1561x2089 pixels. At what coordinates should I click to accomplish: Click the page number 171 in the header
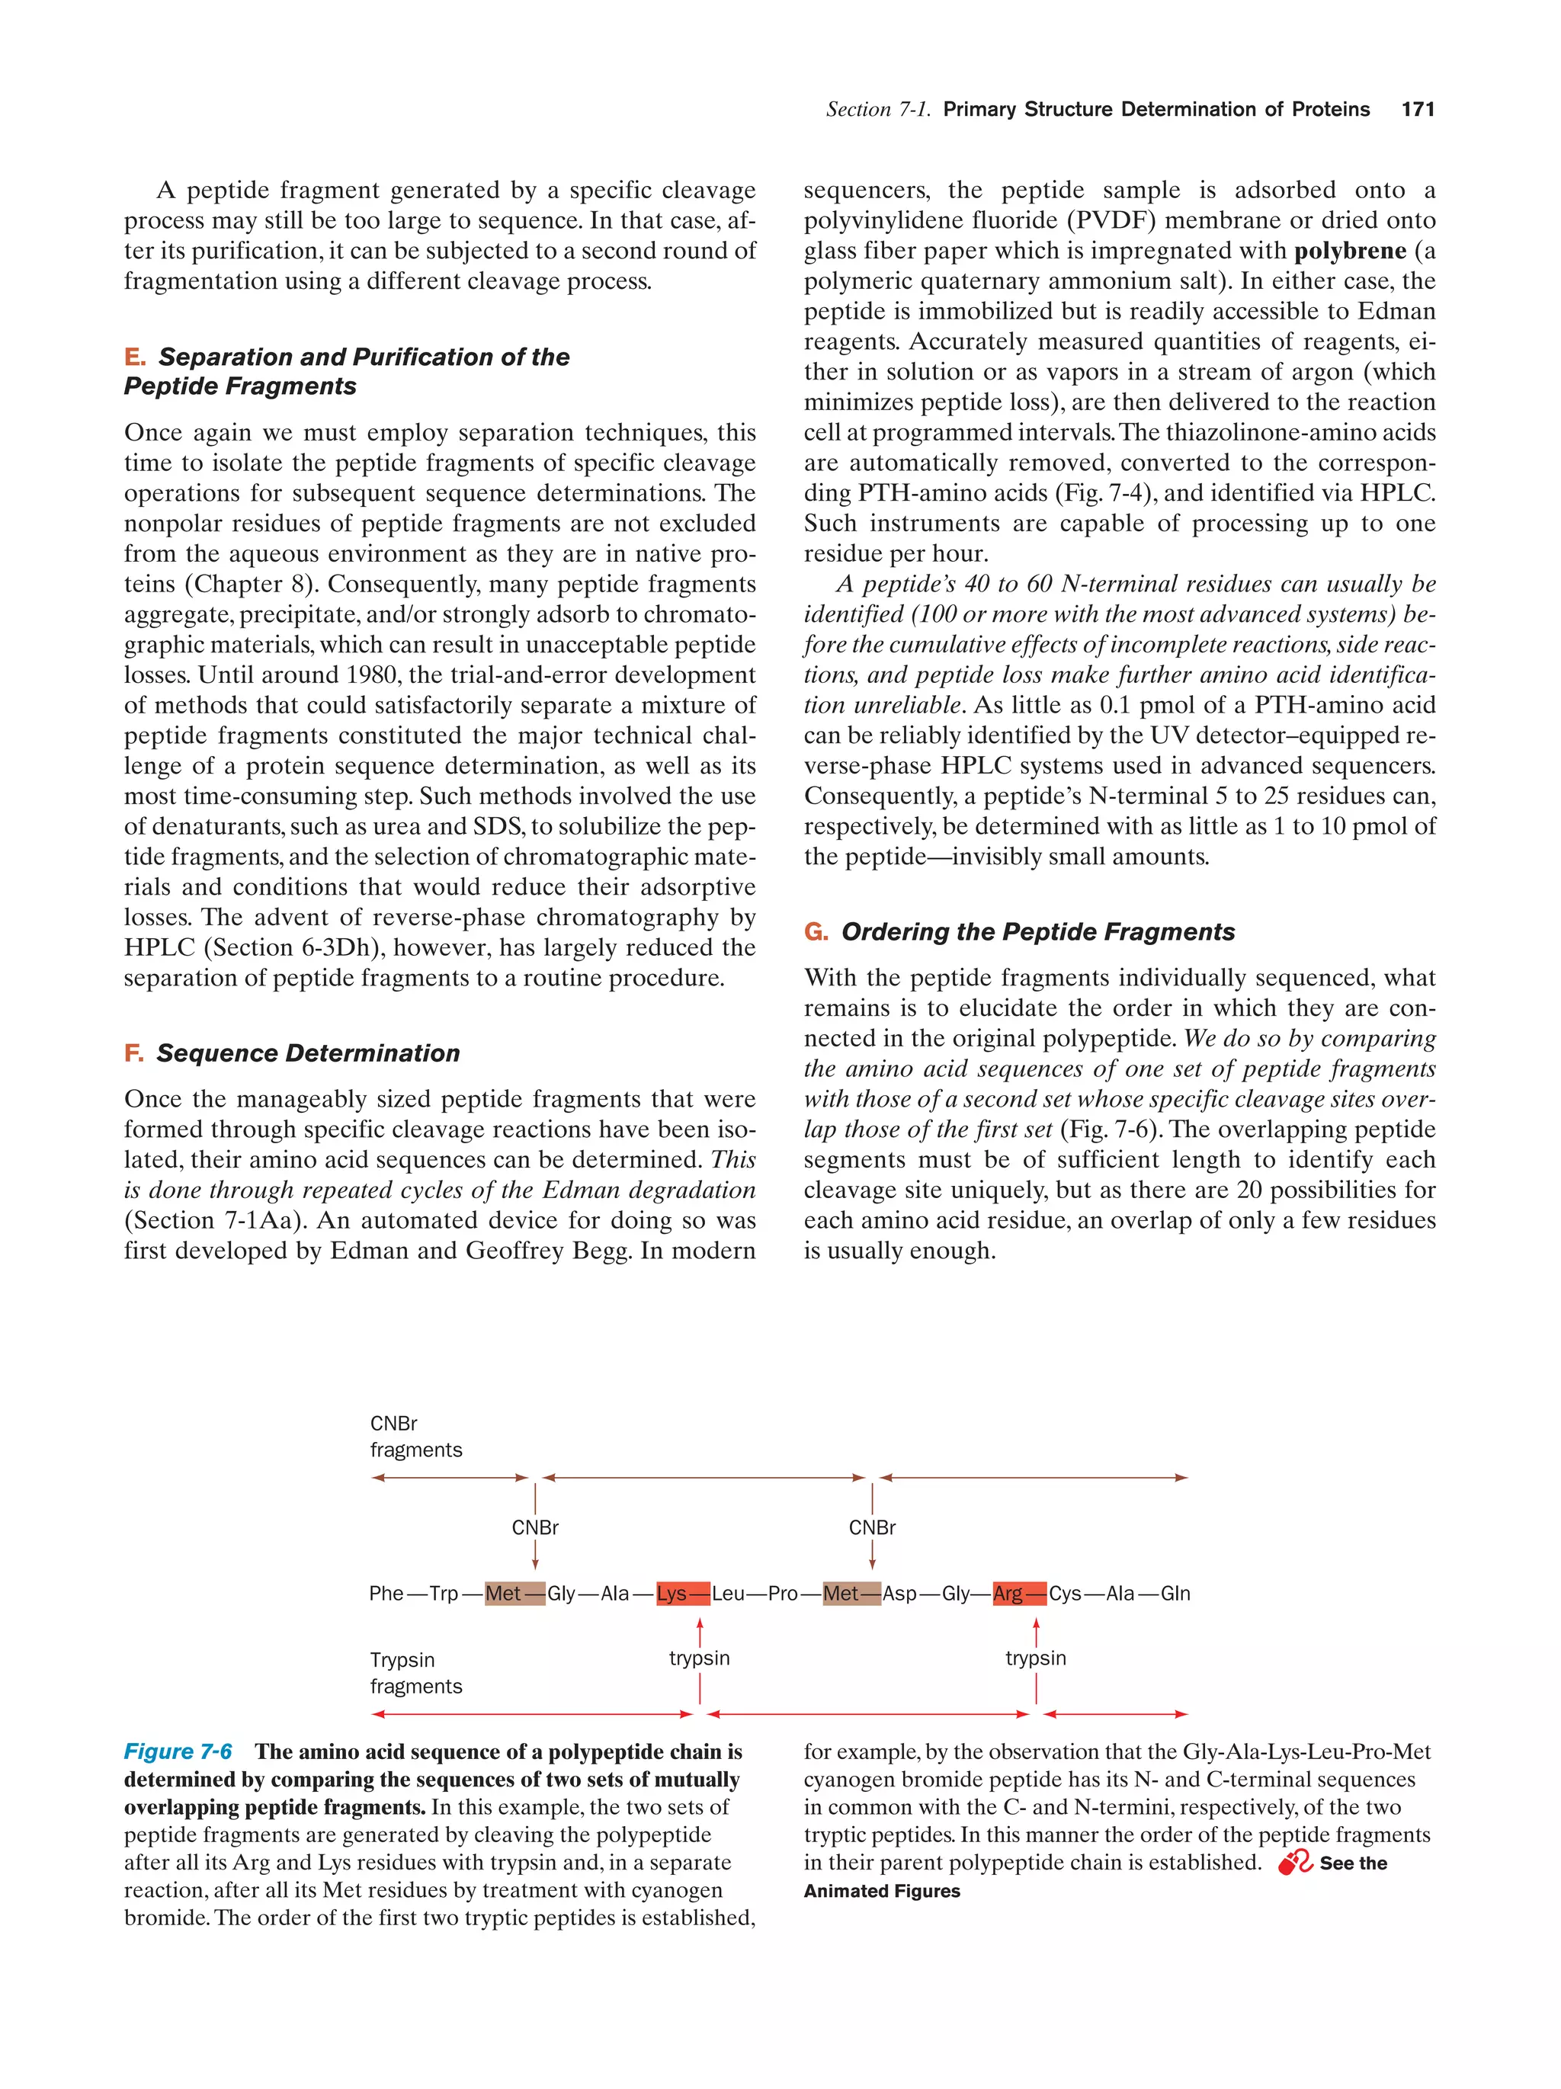click(1418, 110)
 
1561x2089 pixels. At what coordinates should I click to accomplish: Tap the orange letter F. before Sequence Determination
click(134, 1053)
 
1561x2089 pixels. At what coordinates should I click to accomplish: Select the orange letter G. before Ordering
click(816, 932)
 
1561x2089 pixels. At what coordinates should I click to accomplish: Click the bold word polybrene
click(1349, 252)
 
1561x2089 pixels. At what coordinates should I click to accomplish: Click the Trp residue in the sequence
click(444, 1593)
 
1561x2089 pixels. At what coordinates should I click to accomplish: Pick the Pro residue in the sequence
click(783, 1593)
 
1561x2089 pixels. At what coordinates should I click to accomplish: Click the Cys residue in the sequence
click(1066, 1593)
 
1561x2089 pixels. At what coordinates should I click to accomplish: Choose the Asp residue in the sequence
click(899, 1593)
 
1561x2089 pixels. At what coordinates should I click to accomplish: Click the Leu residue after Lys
click(728, 1593)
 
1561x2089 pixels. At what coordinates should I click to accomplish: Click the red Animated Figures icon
click(1295, 1863)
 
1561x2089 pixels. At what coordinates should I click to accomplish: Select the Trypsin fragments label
click(415, 1673)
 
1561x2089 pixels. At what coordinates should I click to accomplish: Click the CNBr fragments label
click(415, 1437)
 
